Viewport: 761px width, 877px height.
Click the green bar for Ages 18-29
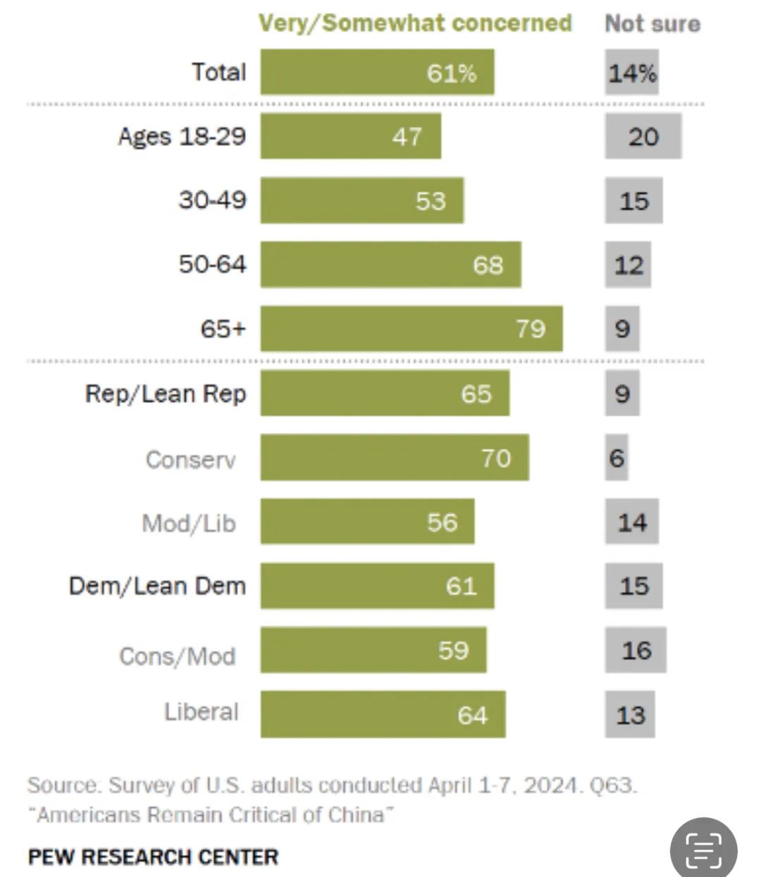point(350,136)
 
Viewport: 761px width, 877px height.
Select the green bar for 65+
point(412,329)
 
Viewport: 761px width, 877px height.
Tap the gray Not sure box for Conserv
point(617,458)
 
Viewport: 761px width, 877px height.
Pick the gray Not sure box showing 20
point(643,136)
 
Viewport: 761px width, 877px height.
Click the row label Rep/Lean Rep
point(166,393)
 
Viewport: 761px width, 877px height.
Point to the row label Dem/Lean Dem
point(157,586)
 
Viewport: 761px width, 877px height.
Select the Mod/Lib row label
point(189,523)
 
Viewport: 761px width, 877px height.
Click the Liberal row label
point(202,712)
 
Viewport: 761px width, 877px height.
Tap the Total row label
point(219,72)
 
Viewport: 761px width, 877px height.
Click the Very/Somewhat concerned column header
point(415,23)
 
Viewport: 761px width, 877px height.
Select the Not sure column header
point(652,23)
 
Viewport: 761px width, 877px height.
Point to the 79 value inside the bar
point(531,329)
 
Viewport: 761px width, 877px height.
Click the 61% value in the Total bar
point(452,73)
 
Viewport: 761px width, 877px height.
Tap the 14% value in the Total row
point(632,73)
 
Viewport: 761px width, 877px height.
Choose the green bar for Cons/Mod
point(373,650)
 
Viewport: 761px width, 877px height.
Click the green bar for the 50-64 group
point(390,264)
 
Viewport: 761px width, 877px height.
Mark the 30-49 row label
point(212,200)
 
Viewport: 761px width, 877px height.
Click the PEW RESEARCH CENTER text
point(153,857)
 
